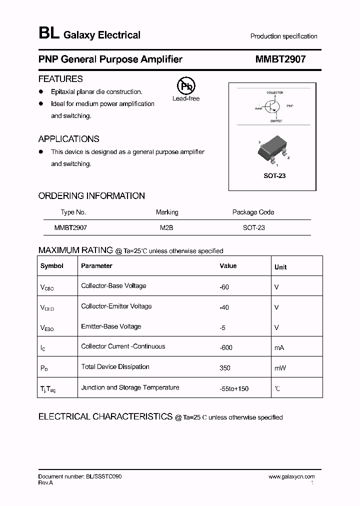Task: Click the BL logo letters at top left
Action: (x=48, y=34)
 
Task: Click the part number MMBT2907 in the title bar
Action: (x=280, y=59)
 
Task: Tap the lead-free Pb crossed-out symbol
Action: (x=185, y=86)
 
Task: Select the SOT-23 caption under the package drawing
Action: (x=274, y=176)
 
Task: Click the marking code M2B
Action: (x=166, y=227)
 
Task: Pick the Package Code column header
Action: (x=253, y=212)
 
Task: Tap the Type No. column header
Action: (x=73, y=212)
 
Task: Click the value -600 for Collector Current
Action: (x=226, y=347)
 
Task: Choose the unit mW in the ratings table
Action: (x=280, y=368)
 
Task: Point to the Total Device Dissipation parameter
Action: (x=115, y=367)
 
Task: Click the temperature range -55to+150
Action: (x=234, y=388)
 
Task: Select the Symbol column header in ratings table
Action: (x=52, y=266)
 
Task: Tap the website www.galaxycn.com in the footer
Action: (x=291, y=477)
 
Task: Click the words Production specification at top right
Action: (x=283, y=36)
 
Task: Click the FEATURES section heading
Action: (x=60, y=79)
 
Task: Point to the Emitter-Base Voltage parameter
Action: (x=111, y=326)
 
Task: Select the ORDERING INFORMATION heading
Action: (x=91, y=196)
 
